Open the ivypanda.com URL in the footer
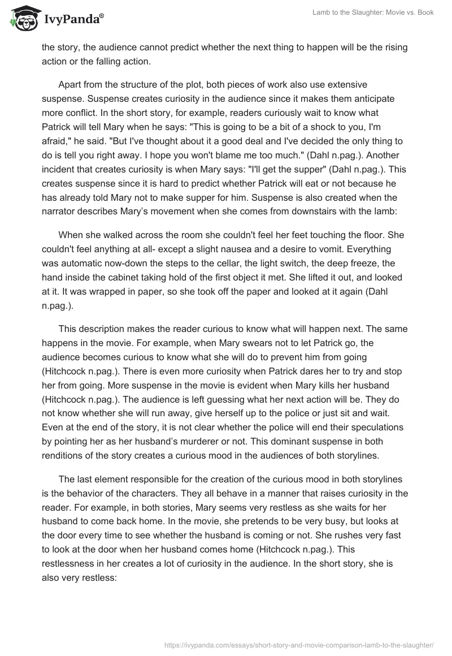coord(298,645)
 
